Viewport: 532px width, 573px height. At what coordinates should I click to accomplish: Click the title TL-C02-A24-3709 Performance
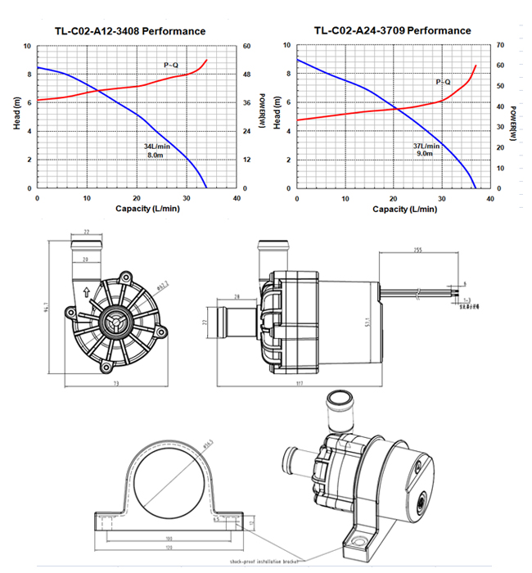[x=392, y=31]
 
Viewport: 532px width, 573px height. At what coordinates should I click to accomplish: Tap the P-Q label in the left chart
[x=171, y=63]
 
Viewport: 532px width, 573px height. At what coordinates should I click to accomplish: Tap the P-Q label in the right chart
[x=443, y=82]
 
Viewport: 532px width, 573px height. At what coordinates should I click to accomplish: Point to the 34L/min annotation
[x=156, y=146]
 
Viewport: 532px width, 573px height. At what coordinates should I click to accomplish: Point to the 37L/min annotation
[x=426, y=146]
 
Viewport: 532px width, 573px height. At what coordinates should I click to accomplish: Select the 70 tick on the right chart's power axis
[x=500, y=46]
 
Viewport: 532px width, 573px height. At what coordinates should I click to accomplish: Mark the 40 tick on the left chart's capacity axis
[x=237, y=199]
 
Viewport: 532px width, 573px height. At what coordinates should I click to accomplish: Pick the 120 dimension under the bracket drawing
[x=169, y=547]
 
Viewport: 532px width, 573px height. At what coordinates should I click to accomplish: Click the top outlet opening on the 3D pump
[x=338, y=401]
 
